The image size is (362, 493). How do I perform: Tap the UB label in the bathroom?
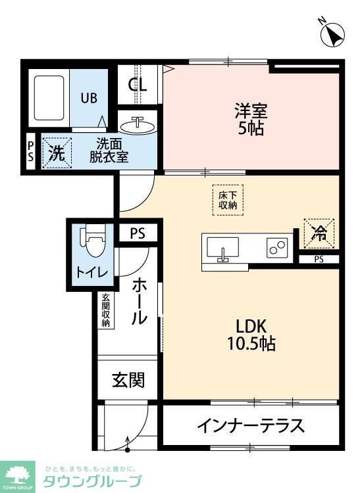click(x=89, y=98)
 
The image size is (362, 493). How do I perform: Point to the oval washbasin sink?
click(x=138, y=125)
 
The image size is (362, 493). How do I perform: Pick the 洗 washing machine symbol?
click(x=57, y=154)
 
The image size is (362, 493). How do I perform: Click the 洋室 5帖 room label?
click(x=251, y=118)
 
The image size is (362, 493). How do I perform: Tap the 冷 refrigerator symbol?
click(x=319, y=233)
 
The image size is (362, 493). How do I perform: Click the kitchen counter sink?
click(x=223, y=248)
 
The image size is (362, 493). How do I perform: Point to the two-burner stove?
click(x=277, y=248)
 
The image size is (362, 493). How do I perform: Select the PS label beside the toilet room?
click(x=137, y=233)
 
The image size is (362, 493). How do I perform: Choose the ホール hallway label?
click(x=140, y=301)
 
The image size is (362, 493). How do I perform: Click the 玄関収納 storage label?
click(x=106, y=310)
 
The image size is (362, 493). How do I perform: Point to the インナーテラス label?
click(x=250, y=426)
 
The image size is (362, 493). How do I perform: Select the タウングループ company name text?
click(x=92, y=482)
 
